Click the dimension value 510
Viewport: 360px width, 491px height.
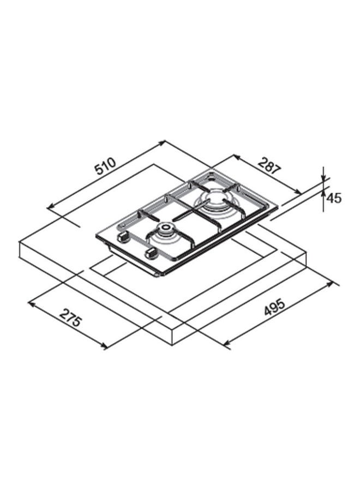(x=106, y=166)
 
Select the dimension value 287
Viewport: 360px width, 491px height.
(x=268, y=165)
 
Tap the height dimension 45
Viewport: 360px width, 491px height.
(x=334, y=198)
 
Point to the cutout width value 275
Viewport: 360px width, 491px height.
(x=71, y=318)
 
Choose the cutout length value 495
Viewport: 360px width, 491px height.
(x=274, y=307)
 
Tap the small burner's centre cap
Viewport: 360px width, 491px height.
(x=165, y=227)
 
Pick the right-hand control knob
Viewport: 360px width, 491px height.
(x=151, y=253)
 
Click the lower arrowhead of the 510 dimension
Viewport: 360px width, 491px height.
(x=50, y=206)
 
